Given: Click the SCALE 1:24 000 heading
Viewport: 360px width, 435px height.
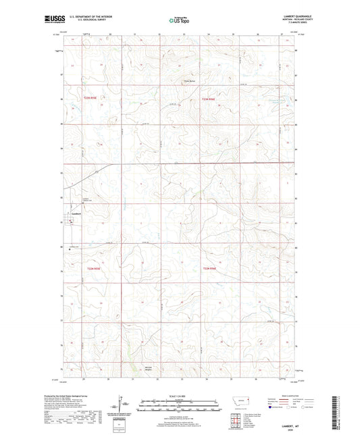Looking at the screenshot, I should click(179, 395).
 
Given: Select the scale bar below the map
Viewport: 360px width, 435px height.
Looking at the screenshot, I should click(179, 407).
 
